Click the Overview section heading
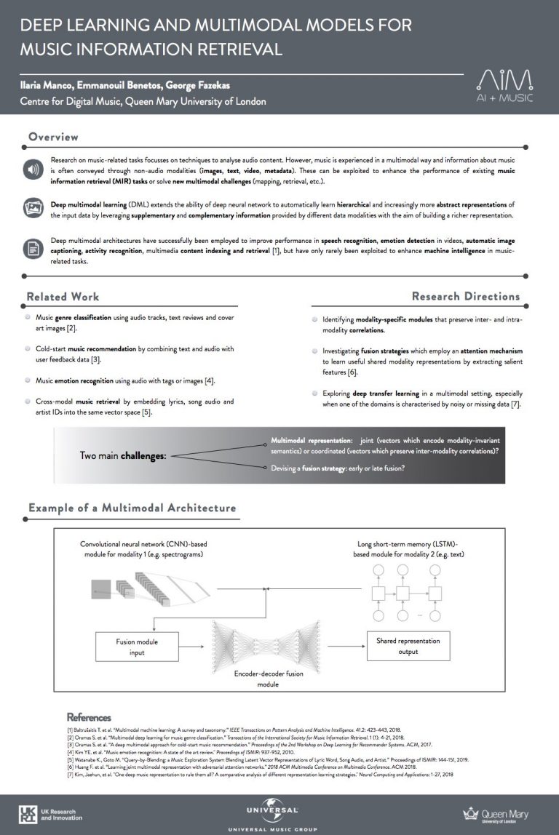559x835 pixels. (x=53, y=137)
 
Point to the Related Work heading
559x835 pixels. (x=63, y=297)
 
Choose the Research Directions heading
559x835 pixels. (x=466, y=296)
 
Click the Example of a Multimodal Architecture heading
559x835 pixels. (x=132, y=508)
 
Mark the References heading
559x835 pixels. (x=89, y=717)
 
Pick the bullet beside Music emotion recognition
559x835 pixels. (x=28, y=380)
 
